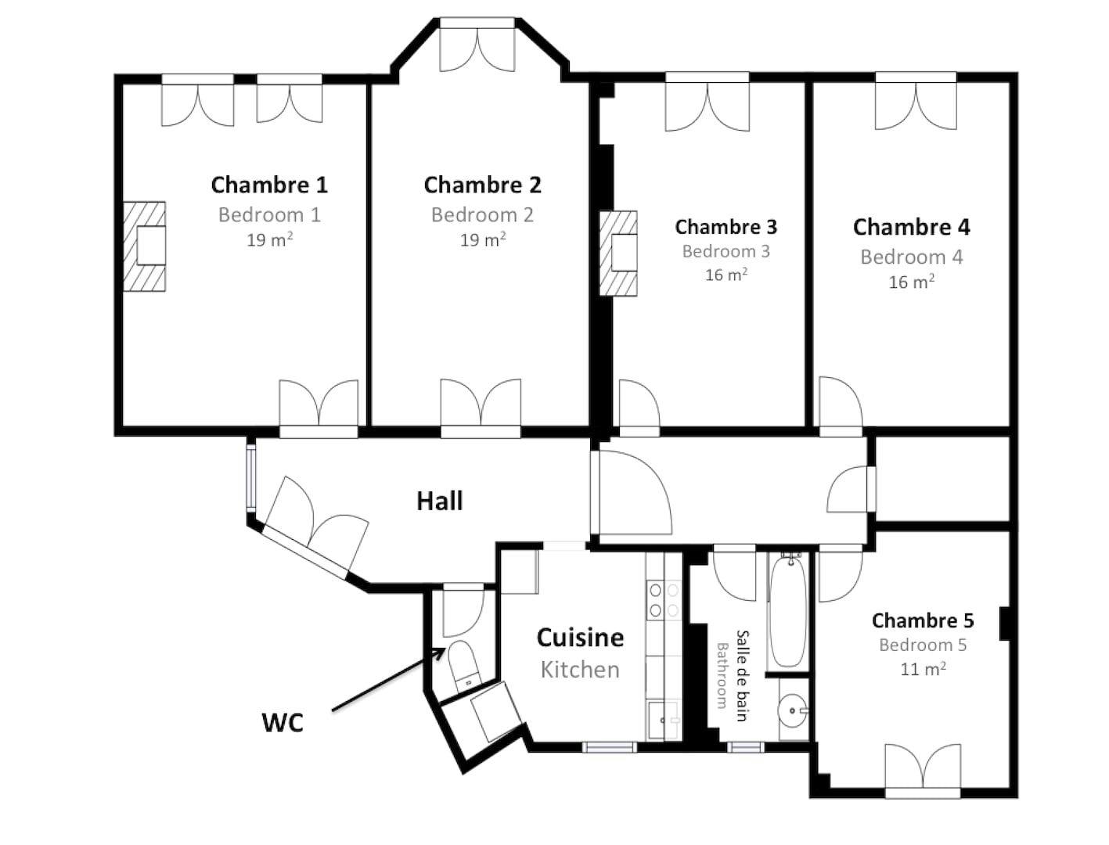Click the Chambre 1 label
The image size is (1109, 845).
click(x=268, y=185)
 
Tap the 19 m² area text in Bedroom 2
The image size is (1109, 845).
click(x=482, y=239)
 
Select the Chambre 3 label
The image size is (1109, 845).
click(x=726, y=227)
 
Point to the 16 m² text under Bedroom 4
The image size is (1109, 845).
click(x=911, y=282)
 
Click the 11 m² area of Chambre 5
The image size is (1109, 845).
click(x=923, y=669)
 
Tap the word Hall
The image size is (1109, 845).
click(x=439, y=501)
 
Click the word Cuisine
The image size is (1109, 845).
click(x=579, y=638)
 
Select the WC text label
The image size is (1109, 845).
click(x=283, y=723)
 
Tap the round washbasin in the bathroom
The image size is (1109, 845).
click(x=793, y=710)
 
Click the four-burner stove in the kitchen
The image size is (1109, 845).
click(x=664, y=600)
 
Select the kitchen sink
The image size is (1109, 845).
click(x=662, y=719)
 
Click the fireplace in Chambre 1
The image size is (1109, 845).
click(x=145, y=246)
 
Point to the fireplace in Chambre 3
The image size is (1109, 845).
click(x=618, y=253)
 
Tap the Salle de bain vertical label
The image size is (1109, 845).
click(x=741, y=676)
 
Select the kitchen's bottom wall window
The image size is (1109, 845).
click(x=610, y=747)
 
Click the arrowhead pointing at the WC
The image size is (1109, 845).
click(x=440, y=652)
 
